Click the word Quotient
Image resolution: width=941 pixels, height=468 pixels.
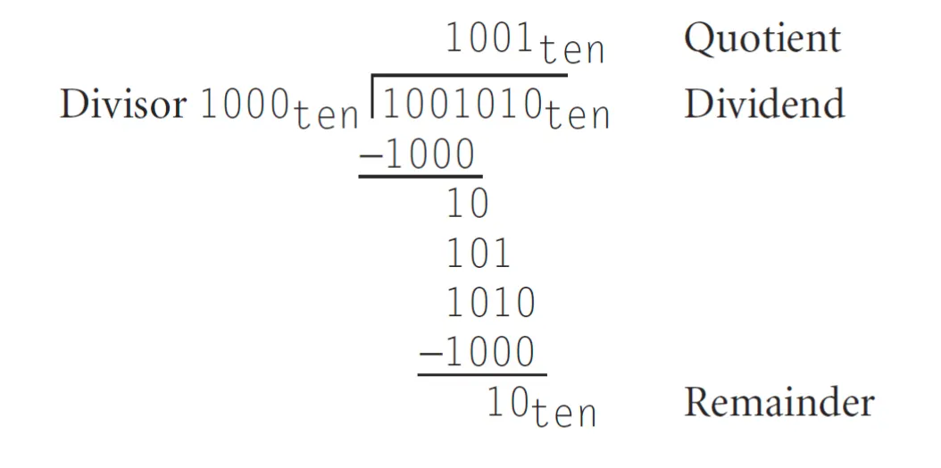point(762,38)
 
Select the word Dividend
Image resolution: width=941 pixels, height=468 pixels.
point(764,104)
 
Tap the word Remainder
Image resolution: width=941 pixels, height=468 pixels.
point(779,403)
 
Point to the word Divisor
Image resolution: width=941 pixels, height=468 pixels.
point(123,104)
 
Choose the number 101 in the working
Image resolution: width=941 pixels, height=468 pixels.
point(479,255)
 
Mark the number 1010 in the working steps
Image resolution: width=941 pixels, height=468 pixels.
point(490,304)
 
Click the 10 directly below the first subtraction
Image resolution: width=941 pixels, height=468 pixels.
point(468,205)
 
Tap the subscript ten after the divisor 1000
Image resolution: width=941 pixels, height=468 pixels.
point(323,117)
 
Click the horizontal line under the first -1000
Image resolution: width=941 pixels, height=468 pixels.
point(420,175)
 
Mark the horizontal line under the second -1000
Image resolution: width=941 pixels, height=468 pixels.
point(481,373)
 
